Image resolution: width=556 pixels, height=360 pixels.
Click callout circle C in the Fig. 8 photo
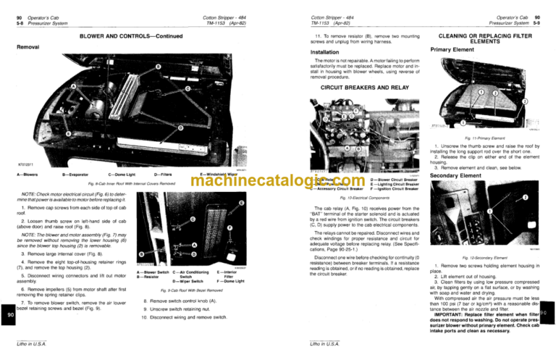(x=188, y=89)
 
